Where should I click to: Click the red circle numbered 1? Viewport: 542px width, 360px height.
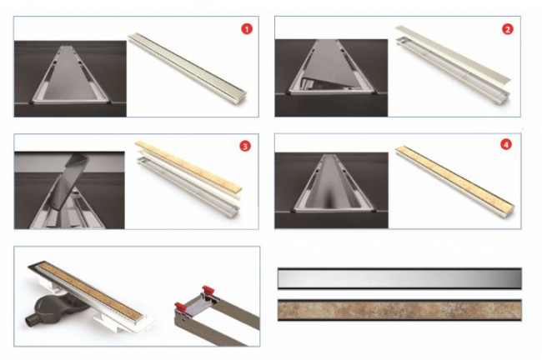247,29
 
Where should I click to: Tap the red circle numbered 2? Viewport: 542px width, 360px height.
507,29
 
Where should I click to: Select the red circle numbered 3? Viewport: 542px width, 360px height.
245,146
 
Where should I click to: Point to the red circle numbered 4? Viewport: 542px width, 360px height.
506,144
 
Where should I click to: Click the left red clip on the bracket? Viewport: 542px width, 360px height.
180,307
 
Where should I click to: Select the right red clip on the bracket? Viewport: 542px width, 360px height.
208,289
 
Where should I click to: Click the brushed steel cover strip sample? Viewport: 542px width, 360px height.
399,278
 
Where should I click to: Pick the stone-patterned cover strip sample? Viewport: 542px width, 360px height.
399,310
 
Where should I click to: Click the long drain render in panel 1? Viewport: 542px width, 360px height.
188,67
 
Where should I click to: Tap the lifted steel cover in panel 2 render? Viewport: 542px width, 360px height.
453,53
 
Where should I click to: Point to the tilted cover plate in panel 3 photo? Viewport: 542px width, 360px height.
69,182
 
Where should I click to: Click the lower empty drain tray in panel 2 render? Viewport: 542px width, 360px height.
453,71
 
